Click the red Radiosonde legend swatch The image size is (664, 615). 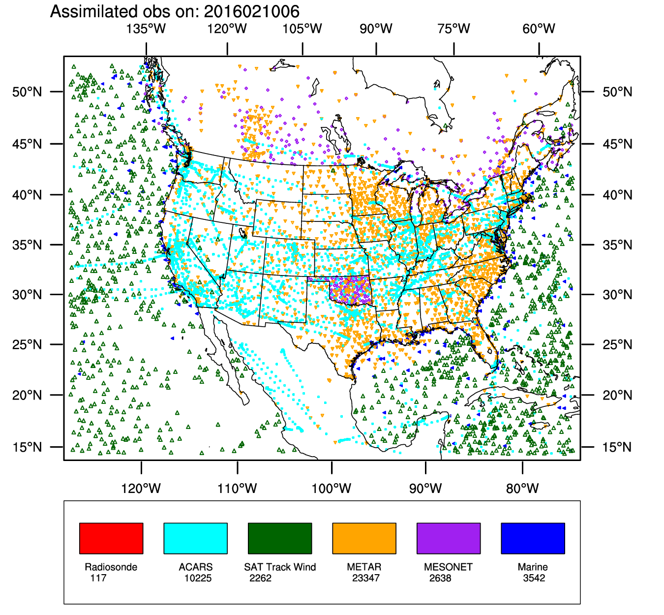(x=111, y=538)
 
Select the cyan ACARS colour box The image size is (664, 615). (x=195, y=538)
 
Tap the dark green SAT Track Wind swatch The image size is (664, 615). (x=280, y=538)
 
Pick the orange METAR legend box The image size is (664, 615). (x=364, y=538)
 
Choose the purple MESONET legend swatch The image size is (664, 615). (x=449, y=538)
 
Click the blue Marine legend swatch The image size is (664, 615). (x=533, y=538)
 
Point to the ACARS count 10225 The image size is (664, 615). (x=198, y=578)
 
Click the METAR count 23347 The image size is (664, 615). (x=366, y=578)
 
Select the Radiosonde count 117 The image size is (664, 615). (x=98, y=578)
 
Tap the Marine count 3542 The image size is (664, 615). (x=534, y=578)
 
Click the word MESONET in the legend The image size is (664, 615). (x=448, y=567)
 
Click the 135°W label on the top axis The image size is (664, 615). (x=146, y=29)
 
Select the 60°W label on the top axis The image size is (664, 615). (x=539, y=29)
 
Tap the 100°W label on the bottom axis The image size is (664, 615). (x=332, y=489)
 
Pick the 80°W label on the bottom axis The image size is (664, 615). (x=522, y=489)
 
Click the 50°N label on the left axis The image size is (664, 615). (x=27, y=92)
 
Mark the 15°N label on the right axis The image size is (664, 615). (x=617, y=447)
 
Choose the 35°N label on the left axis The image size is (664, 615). (x=27, y=245)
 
